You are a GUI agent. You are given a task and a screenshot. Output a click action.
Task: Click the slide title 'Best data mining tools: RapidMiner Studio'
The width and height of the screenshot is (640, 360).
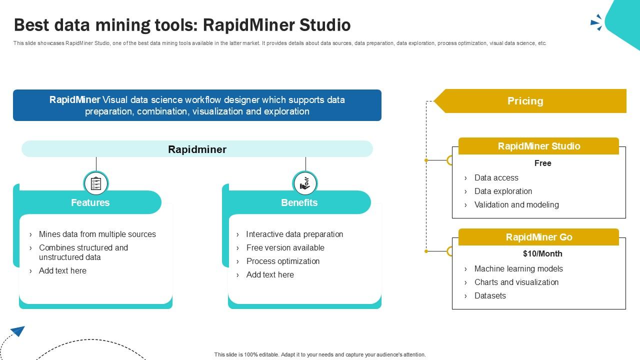[182, 25]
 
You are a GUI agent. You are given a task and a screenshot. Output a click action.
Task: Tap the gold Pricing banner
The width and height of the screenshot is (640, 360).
[530, 101]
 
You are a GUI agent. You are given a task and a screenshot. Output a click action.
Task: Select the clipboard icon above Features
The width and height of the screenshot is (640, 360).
[96, 183]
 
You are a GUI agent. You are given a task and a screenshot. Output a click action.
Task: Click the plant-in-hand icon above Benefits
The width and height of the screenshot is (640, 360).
[305, 183]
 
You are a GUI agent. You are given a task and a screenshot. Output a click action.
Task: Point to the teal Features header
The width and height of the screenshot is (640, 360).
[90, 202]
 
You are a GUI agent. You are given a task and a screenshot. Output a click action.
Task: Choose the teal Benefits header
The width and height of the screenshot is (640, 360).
[299, 202]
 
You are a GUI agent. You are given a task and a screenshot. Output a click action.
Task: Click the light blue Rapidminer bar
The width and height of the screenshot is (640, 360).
[197, 149]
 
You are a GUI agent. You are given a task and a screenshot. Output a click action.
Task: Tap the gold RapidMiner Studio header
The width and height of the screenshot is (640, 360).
[538, 146]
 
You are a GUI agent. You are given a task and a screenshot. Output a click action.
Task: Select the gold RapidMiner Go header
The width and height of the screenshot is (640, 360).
[538, 237]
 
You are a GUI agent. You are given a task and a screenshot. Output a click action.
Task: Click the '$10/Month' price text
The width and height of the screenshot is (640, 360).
[542, 253]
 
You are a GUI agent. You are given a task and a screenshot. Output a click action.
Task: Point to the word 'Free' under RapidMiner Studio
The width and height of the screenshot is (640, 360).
[542, 163]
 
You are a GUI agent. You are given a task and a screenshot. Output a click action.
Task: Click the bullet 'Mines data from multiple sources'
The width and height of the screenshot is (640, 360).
[97, 234]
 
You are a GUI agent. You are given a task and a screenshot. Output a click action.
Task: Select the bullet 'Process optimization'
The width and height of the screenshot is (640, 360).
[282, 261]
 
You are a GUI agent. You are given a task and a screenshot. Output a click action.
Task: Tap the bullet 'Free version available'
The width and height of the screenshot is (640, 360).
[285, 247]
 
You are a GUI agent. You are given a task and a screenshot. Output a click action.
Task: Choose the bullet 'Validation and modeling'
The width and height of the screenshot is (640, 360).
[516, 204]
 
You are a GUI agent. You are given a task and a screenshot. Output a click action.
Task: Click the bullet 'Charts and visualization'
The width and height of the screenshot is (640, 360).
[516, 282]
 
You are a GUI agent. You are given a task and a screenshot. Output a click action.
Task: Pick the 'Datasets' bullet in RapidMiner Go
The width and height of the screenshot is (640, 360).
[490, 295]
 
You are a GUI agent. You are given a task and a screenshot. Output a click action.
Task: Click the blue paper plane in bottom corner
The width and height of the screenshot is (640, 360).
[17, 331]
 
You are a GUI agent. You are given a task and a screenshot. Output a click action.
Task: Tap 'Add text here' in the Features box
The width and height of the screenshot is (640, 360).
[62, 270]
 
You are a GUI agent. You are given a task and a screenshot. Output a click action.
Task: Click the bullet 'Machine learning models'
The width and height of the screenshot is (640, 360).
[518, 268]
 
